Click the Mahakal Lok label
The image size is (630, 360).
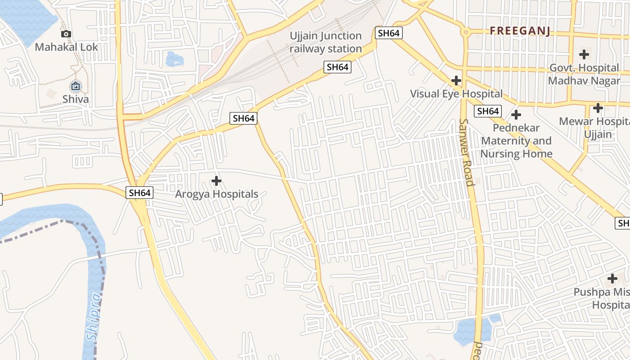click(66, 47)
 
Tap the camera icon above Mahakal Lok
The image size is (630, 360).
click(66, 34)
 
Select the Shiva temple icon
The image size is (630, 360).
click(76, 86)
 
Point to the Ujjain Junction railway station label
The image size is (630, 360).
click(326, 42)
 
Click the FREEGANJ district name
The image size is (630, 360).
click(520, 31)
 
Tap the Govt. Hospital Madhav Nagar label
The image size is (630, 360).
click(584, 74)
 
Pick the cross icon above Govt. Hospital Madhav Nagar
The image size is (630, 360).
click(584, 54)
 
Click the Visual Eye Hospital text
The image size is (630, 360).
click(456, 94)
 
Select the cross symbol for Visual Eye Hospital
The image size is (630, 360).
click(456, 81)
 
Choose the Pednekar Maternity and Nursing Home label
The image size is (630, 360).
click(516, 141)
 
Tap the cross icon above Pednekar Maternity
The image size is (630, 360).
click(516, 115)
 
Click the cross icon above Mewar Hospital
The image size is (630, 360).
click(598, 108)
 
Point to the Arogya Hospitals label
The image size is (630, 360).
click(216, 194)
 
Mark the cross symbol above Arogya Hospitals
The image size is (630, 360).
click(216, 181)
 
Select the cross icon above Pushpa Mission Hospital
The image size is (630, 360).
click(612, 278)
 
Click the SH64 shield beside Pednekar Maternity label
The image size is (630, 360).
click(488, 111)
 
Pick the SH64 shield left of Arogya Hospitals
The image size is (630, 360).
click(139, 193)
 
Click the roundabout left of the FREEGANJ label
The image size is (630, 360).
click(466, 32)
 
